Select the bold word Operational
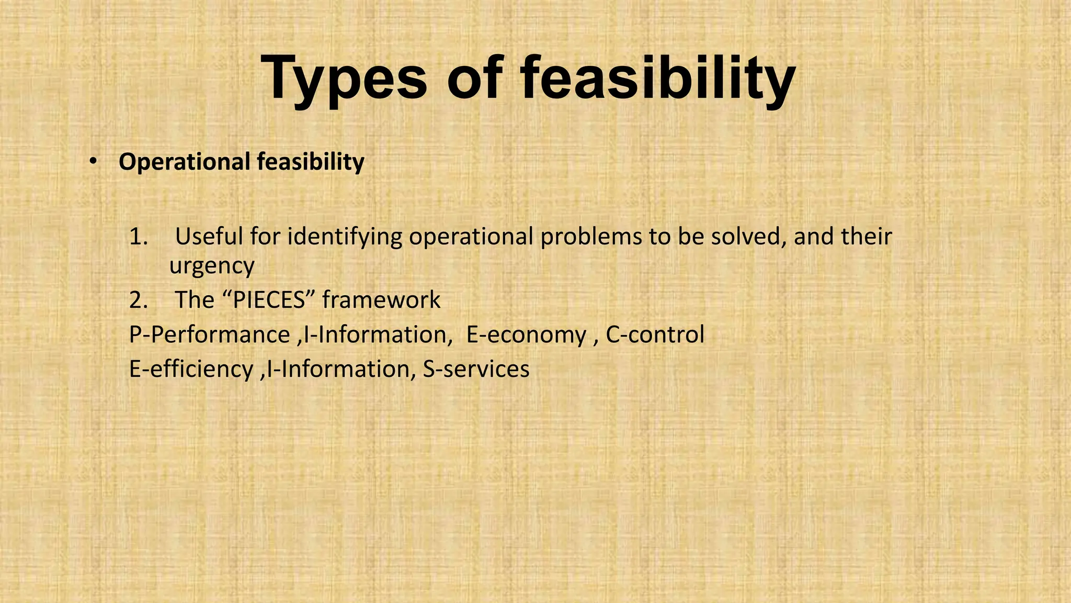(185, 162)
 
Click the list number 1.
(139, 237)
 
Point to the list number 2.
(139, 300)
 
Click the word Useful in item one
(209, 237)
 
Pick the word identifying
(345, 237)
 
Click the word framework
(381, 300)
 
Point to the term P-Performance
(210, 335)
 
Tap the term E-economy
(526, 335)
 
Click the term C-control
(655, 335)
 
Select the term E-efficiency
(191, 369)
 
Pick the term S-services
(476, 369)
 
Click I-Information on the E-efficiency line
(338, 369)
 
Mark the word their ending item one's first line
(865, 237)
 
